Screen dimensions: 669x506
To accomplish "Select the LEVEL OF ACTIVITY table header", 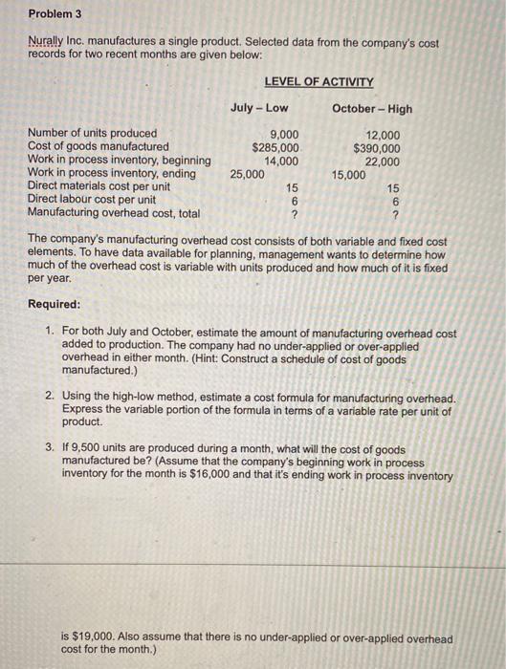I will click(x=319, y=82).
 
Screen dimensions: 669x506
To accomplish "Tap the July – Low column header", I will click(x=259, y=108).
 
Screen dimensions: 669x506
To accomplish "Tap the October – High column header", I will click(x=372, y=108).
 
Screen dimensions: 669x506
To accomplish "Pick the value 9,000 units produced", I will click(x=285, y=135).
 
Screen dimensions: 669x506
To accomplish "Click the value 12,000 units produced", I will click(x=384, y=135).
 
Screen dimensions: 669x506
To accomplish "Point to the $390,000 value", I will click(x=377, y=147).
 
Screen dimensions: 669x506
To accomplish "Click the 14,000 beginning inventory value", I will click(x=282, y=161).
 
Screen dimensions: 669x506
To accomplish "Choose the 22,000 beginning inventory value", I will click(x=384, y=161).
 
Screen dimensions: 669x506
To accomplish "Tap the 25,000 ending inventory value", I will click(x=248, y=174).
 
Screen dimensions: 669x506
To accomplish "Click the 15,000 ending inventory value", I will click(x=349, y=174).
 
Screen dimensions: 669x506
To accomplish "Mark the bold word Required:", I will click(x=55, y=304).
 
